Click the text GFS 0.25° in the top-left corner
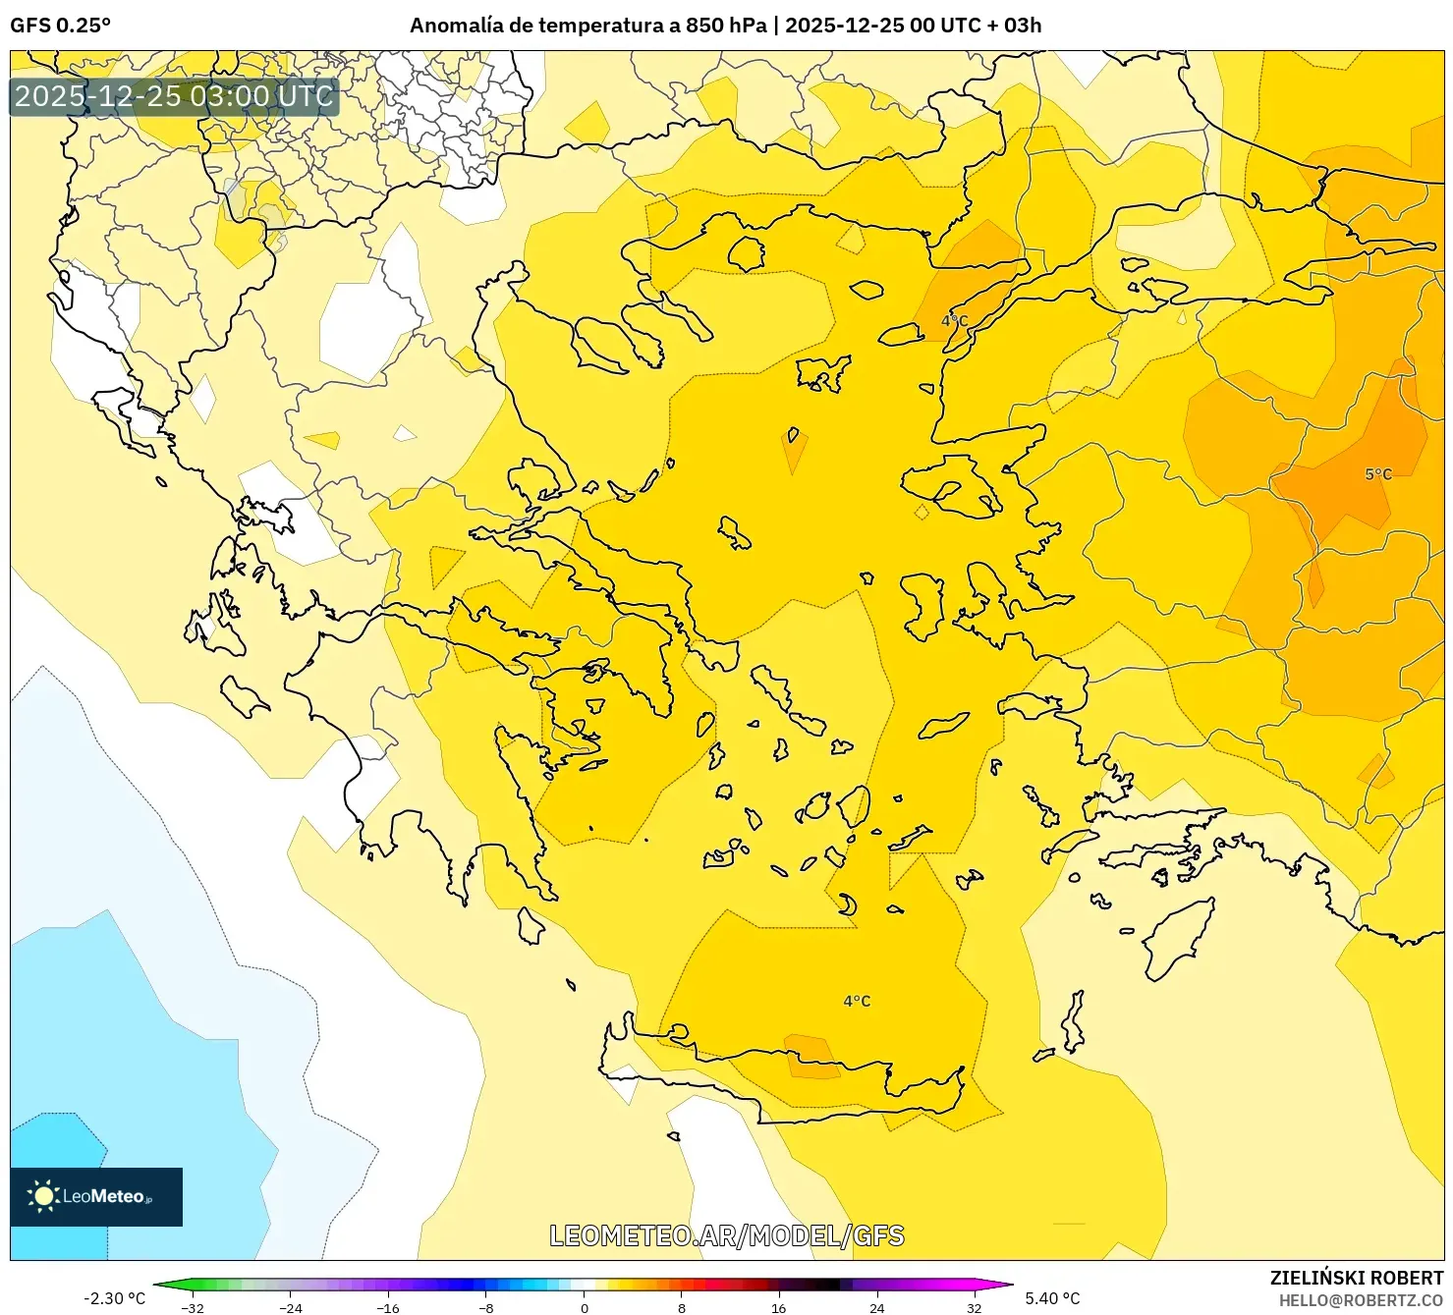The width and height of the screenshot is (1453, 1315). coord(60,26)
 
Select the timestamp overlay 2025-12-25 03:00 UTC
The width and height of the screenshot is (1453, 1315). coord(174,96)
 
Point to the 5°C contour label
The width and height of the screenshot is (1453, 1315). coord(1377,474)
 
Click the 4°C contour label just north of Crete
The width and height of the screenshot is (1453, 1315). coord(857,1002)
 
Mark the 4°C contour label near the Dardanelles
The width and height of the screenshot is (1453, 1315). coord(954,321)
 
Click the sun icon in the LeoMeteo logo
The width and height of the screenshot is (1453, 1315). coord(43,1196)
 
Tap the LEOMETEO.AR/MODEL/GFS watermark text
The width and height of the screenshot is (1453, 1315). coord(726,1235)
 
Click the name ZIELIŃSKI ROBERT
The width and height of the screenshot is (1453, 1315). coord(1356,1278)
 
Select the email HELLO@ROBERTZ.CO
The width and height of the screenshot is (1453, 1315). coord(1361,1300)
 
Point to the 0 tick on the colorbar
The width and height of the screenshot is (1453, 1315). coord(585,1307)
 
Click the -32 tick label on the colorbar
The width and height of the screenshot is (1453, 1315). coord(193,1307)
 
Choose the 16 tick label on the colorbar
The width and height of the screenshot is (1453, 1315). coord(778,1307)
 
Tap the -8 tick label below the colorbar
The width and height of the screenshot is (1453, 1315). coord(485,1307)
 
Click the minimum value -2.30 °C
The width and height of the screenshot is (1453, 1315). coord(114,1298)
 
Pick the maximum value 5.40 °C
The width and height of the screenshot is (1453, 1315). coord(1052,1298)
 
